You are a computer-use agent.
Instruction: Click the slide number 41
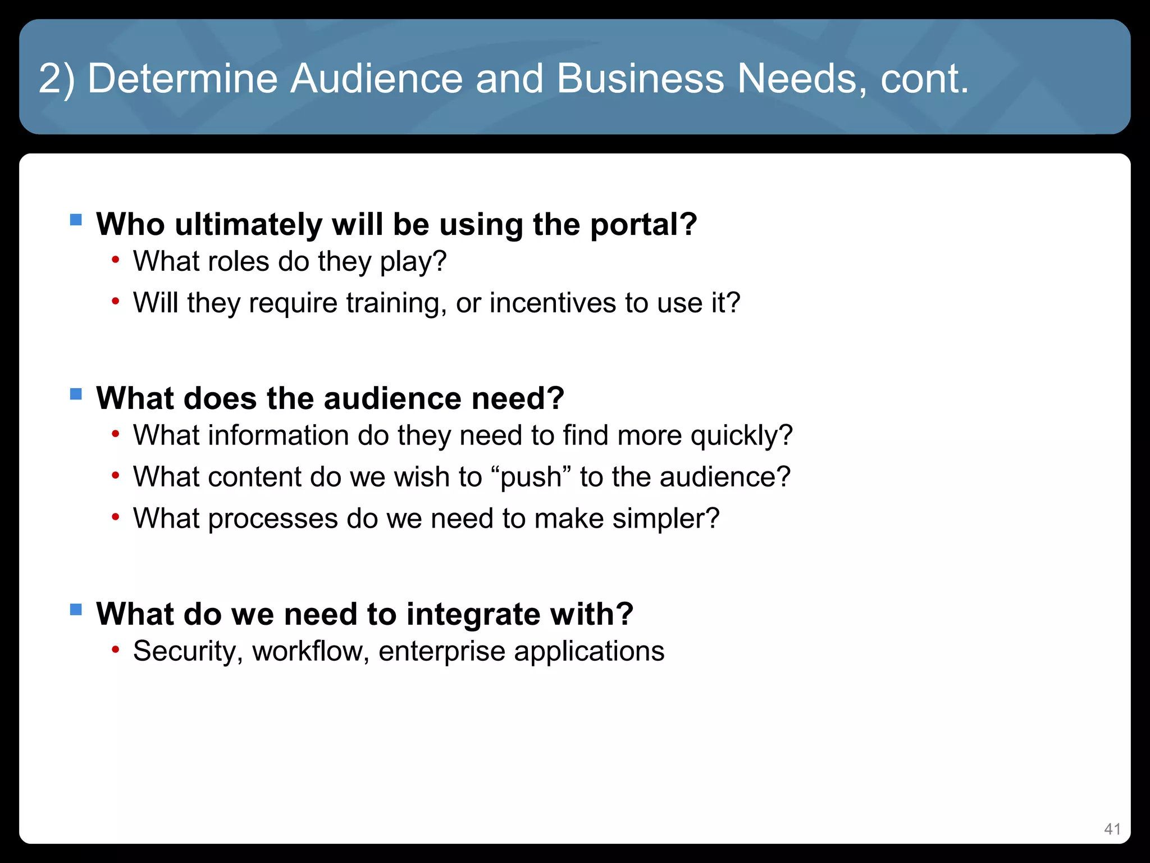click(x=1112, y=829)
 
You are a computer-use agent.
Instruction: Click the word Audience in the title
click(x=376, y=78)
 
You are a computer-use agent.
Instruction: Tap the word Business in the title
click(x=640, y=78)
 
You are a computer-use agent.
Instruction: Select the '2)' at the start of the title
click(x=57, y=78)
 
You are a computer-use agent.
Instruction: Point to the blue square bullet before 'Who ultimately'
click(x=76, y=219)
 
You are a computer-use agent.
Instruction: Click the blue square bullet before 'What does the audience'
click(x=76, y=393)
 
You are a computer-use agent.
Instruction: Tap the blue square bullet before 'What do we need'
click(x=76, y=609)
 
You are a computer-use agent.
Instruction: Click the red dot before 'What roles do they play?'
click(x=115, y=260)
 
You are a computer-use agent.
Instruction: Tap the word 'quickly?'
click(x=741, y=435)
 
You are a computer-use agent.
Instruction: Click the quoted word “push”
click(x=531, y=477)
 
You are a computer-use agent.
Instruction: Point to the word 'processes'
click(x=273, y=519)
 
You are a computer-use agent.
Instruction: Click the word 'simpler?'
click(x=666, y=519)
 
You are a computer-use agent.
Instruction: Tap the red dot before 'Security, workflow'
click(x=115, y=650)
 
